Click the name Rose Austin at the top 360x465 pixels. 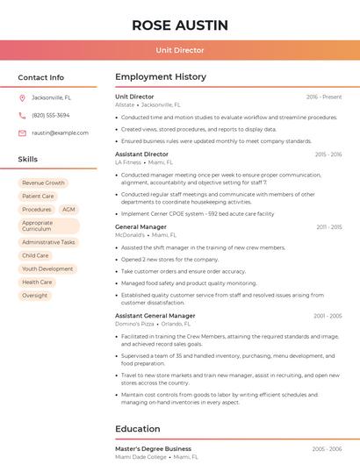(x=180, y=25)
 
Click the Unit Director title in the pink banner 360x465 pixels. (x=180, y=50)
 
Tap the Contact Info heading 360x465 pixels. (x=40, y=77)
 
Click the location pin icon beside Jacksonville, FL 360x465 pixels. (x=22, y=98)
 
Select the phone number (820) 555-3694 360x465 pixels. (x=50, y=115)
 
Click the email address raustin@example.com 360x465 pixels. (x=60, y=132)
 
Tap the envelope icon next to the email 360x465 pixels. (x=22, y=132)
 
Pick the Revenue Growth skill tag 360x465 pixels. (x=43, y=182)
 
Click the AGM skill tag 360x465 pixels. (x=68, y=210)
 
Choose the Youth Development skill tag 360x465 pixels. (x=47, y=268)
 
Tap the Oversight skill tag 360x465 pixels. (x=35, y=296)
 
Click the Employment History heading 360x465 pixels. (x=161, y=77)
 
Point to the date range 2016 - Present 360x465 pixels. (x=324, y=97)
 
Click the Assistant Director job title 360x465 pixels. (x=141, y=154)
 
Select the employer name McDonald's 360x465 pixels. (x=129, y=235)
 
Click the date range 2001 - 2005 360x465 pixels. (x=327, y=315)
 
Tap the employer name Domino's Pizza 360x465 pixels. (x=134, y=324)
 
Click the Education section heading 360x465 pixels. (x=137, y=429)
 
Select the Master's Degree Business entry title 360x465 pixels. (x=153, y=448)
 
